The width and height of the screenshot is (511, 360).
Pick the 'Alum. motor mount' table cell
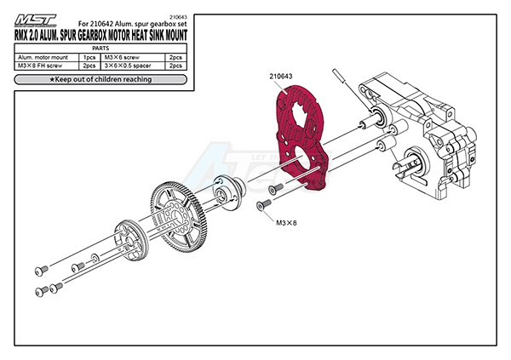pyautogui.click(x=44, y=57)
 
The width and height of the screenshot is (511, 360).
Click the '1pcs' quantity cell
pyautogui.click(x=88, y=57)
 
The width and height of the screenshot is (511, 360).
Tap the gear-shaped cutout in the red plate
pyautogui.click(x=301, y=119)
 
